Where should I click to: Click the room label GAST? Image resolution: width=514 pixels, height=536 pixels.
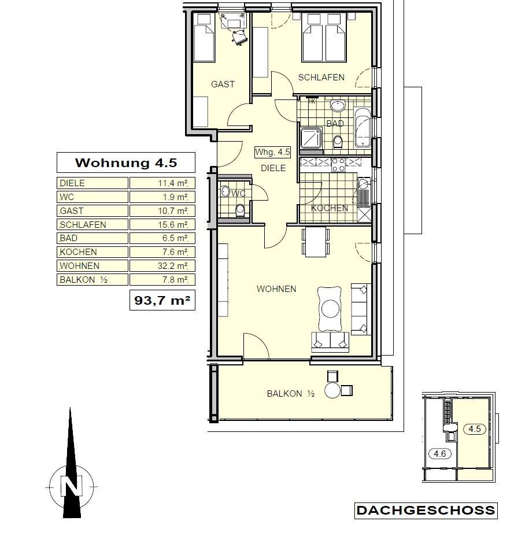[x=223, y=84]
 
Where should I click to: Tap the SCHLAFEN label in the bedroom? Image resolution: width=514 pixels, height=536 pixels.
[x=321, y=77]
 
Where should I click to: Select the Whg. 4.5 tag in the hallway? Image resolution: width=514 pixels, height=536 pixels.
[x=273, y=152]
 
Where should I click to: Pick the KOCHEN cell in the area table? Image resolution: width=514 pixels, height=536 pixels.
[x=93, y=252]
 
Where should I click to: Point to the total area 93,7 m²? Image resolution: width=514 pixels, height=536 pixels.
[x=162, y=300]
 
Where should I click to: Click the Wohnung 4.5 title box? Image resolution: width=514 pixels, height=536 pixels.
[x=126, y=162]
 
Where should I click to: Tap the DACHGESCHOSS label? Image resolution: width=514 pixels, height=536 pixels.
[x=426, y=511]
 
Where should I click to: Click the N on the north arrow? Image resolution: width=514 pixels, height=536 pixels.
[x=72, y=486]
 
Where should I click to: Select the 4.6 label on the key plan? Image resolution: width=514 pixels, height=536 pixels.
[x=440, y=454]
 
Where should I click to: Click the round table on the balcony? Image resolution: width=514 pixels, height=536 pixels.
[x=332, y=390]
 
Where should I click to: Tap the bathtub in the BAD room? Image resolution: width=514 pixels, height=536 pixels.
[x=363, y=128]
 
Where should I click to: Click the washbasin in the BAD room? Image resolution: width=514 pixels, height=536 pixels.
[x=338, y=106]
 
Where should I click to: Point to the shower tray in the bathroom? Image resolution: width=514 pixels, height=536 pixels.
[x=311, y=138]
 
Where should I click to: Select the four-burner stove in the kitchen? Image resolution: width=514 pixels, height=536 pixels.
[x=338, y=165]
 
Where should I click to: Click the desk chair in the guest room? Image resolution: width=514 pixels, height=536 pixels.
[x=239, y=37]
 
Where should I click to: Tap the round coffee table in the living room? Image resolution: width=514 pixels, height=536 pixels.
[x=331, y=309]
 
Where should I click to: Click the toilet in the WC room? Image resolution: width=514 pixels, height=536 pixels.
[x=241, y=210]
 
